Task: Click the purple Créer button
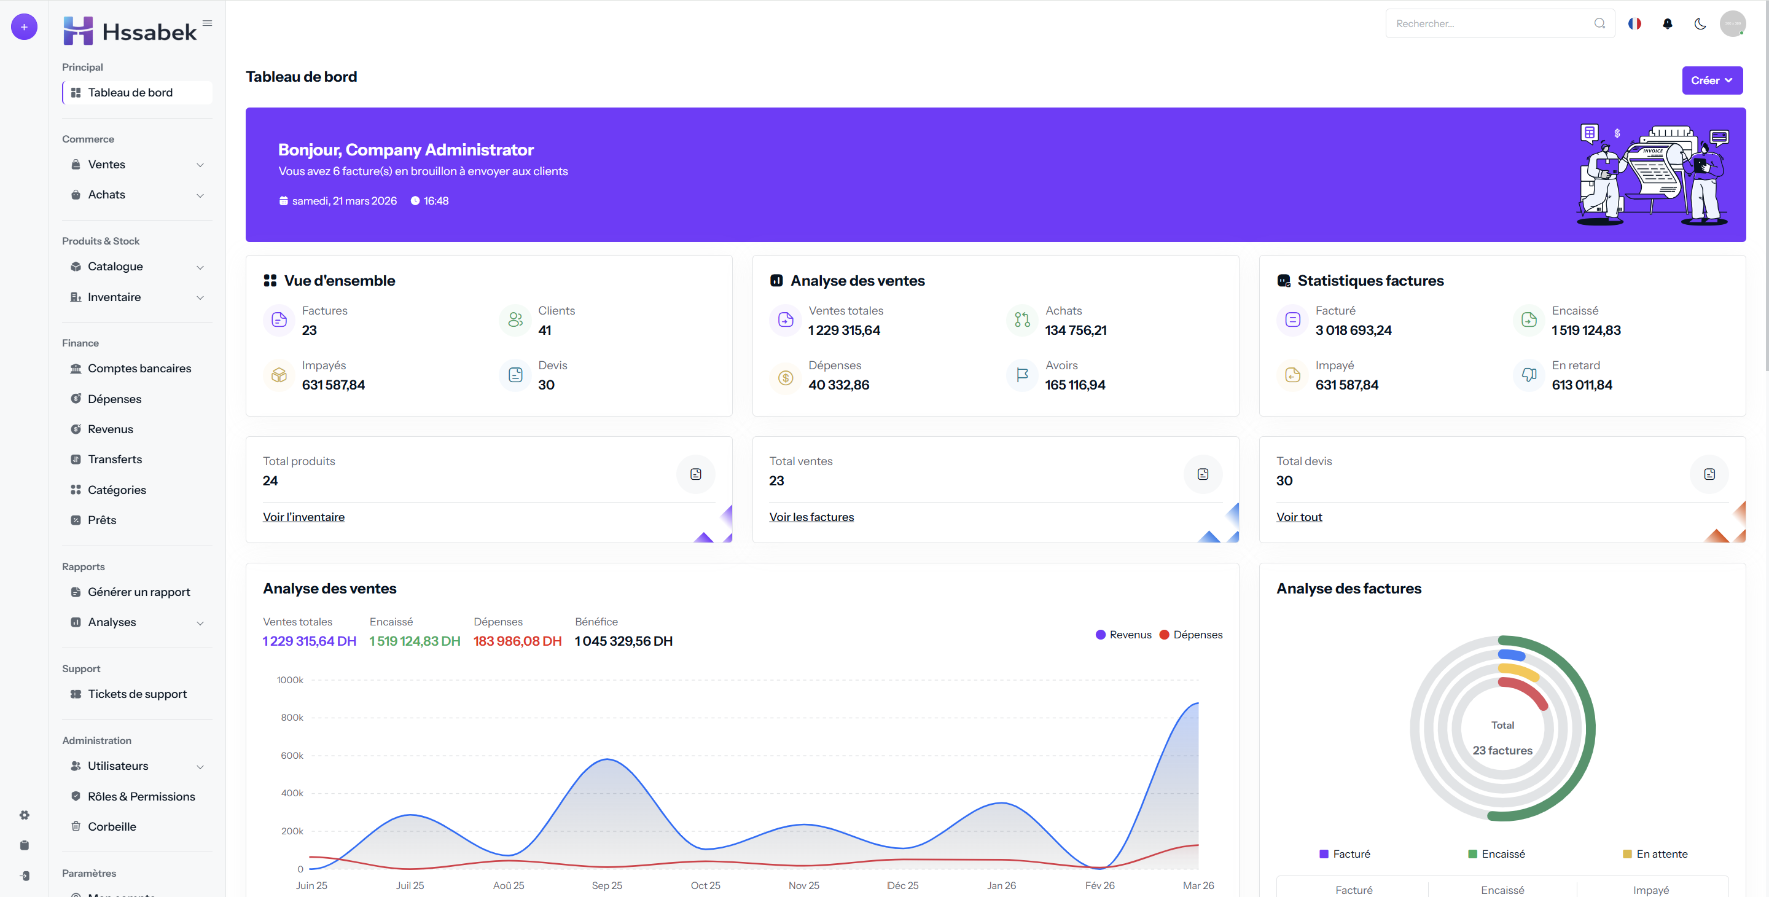1712,80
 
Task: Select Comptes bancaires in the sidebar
139,368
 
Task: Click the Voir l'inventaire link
303,517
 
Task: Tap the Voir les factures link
811,517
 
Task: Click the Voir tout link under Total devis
1298,517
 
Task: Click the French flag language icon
1634,23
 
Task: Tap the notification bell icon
1666,23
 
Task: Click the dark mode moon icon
1700,23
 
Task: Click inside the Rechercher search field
1490,23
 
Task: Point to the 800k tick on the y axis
292,717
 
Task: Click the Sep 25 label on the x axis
606,885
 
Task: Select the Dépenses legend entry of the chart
1191,635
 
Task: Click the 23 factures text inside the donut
1502,750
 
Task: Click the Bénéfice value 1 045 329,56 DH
623,641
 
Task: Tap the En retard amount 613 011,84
1582,385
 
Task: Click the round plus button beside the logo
24,27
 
